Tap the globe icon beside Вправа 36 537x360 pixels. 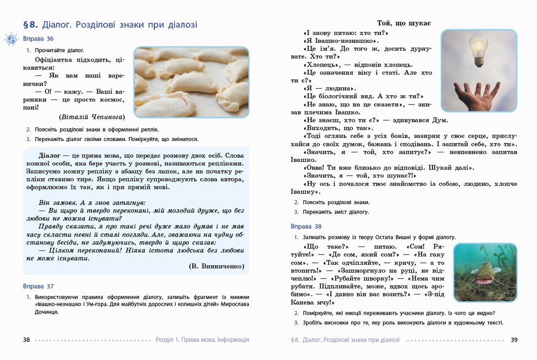tap(11, 39)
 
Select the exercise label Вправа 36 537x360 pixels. tap(38, 39)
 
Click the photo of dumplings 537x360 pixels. tap(191, 82)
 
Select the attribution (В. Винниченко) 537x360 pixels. tap(216, 266)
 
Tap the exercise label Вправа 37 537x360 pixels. tap(38, 287)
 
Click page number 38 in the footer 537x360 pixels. tap(27, 340)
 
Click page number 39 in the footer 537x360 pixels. tap(514, 340)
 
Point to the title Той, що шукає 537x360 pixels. tap(404, 23)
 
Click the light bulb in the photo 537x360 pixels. tap(478, 50)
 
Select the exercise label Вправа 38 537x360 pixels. tap(306, 227)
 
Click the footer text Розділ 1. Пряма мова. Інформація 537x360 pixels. tap(202, 340)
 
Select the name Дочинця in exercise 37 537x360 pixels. tap(47, 312)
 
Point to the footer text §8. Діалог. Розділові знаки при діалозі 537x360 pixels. tap(345, 340)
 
